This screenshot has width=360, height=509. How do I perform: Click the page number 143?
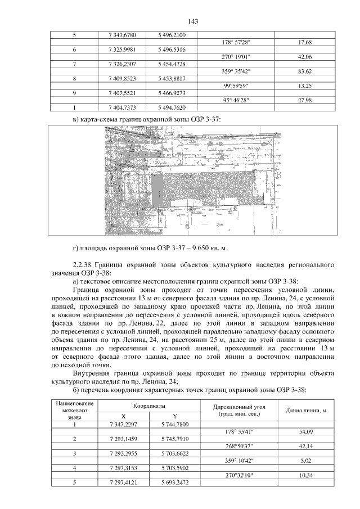coord(180,21)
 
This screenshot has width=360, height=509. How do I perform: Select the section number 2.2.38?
coord(83,264)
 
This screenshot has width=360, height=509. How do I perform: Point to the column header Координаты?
coord(150,406)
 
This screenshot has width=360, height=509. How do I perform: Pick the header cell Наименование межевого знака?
coord(74,411)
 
